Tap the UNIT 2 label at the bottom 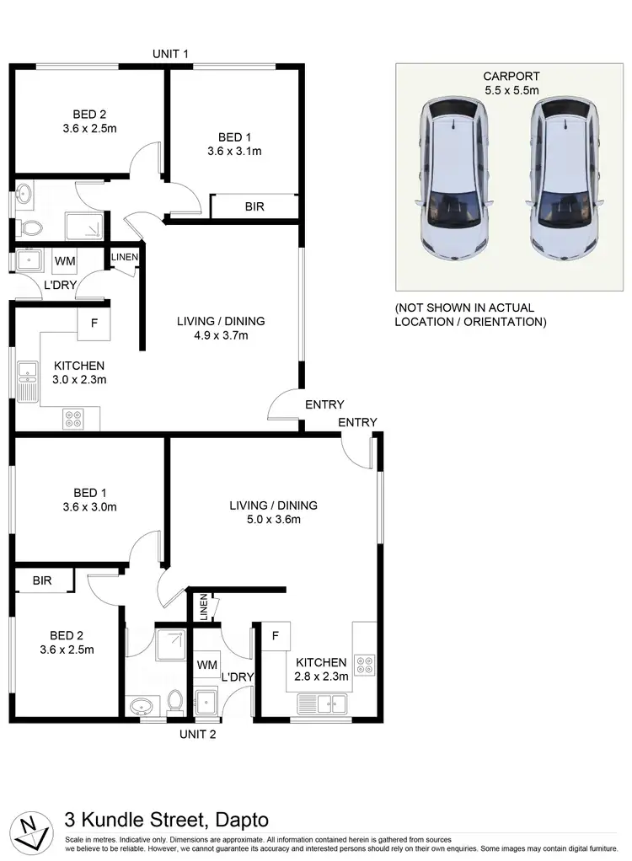[x=198, y=734]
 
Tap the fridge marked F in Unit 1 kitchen [x=94, y=323]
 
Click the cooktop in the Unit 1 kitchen [x=71, y=417]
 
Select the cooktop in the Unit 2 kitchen [x=365, y=665]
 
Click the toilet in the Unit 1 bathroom [x=29, y=227]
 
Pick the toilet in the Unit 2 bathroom [x=175, y=701]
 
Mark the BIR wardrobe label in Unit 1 [x=254, y=206]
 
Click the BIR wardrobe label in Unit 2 [x=43, y=580]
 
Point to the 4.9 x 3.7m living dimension [x=221, y=335]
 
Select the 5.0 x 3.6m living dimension [x=273, y=519]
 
